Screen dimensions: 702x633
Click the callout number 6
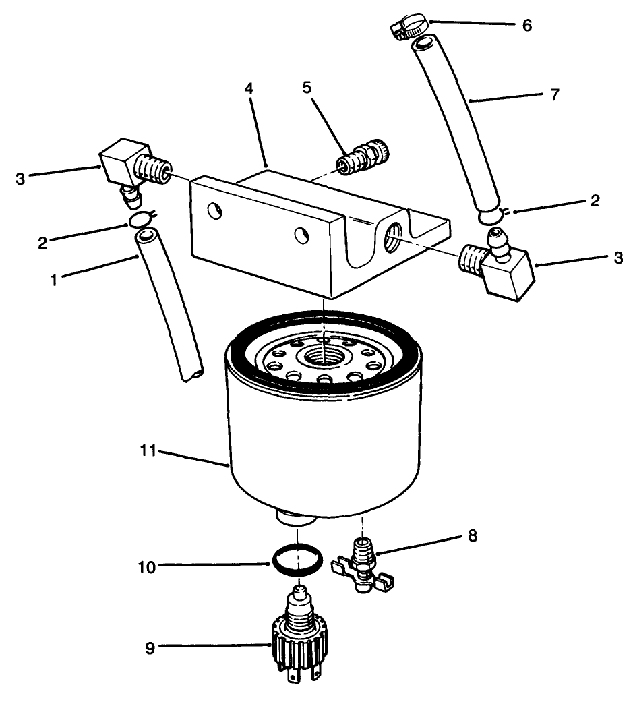point(526,26)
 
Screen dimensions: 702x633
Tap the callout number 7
point(553,95)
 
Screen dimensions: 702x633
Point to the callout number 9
point(149,648)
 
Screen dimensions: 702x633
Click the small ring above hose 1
point(140,220)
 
